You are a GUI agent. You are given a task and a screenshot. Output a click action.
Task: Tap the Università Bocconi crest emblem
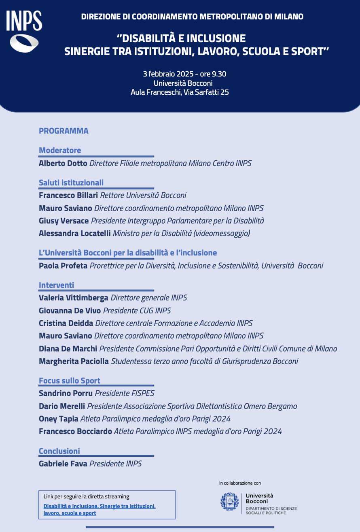[x=229, y=501]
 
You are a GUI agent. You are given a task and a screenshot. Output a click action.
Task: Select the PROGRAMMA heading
[x=64, y=131]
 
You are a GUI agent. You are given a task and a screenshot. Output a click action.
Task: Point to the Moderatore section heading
[x=60, y=150]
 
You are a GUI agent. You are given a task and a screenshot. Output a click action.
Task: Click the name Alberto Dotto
[x=63, y=164]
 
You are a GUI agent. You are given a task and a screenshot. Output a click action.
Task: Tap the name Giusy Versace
[x=64, y=221]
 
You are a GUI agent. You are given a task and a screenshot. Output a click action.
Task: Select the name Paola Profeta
[x=63, y=266]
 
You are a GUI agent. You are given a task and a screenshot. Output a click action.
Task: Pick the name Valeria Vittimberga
[x=73, y=298]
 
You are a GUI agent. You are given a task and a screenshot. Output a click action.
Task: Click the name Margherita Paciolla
[x=74, y=361]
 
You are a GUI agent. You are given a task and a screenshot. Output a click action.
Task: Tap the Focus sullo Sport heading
[x=70, y=381]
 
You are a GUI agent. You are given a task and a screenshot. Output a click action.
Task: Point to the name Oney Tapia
[x=58, y=419]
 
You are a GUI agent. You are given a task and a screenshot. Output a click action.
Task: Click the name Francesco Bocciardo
[x=75, y=432]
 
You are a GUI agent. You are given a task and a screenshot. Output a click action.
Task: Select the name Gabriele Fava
[x=63, y=464]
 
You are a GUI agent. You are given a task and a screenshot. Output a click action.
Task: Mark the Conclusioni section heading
[x=59, y=451]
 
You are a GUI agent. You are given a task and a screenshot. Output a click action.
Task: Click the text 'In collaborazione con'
[x=240, y=483]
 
